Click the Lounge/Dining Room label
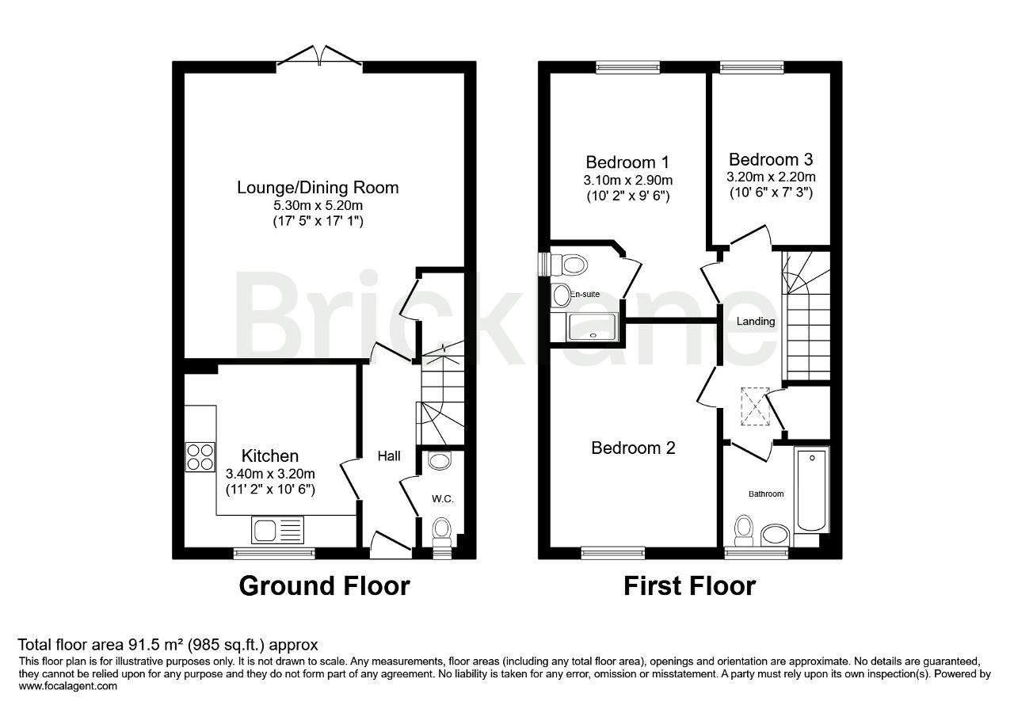pos(318,188)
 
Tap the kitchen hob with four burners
pos(200,457)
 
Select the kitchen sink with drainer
pos(277,530)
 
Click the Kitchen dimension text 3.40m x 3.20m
pos(270,474)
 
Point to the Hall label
pos(389,456)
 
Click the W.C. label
pos(442,499)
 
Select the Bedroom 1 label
pos(627,162)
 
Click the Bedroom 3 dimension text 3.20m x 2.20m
pos(771,177)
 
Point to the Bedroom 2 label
pos(633,448)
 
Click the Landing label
pos(756,322)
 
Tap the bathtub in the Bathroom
pos(812,490)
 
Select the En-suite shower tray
pos(593,326)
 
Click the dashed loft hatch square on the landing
pos(755,406)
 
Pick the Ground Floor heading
pos(324,586)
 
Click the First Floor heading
pos(689,586)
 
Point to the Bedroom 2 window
pos(613,552)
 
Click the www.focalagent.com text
pos(68,686)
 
